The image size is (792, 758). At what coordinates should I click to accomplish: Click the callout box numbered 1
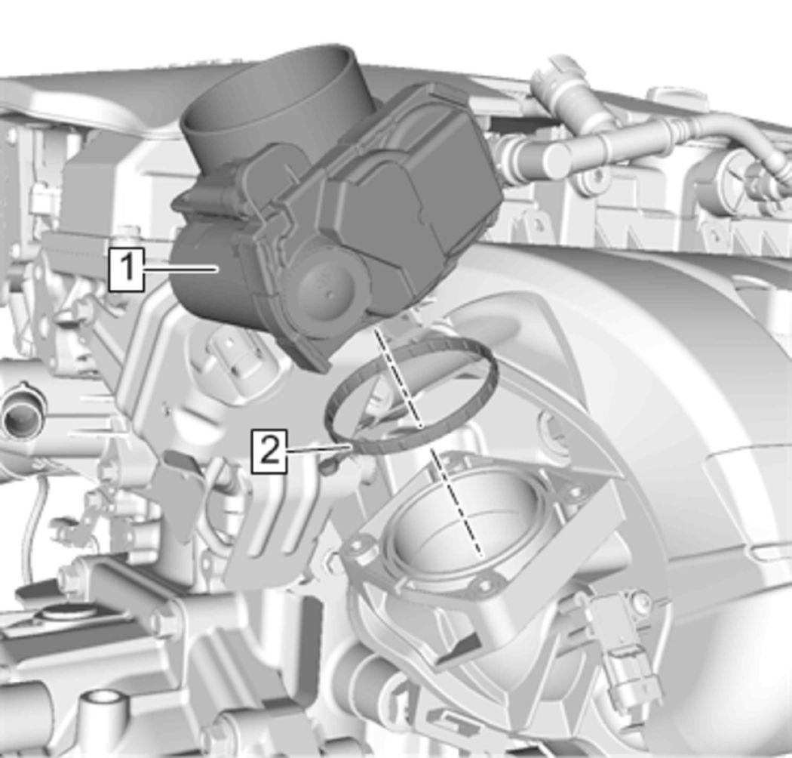[127, 270]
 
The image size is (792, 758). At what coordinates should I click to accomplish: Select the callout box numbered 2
[270, 451]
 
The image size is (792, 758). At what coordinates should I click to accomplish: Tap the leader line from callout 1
[181, 270]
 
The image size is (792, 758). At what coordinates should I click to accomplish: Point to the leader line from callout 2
[318, 448]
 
